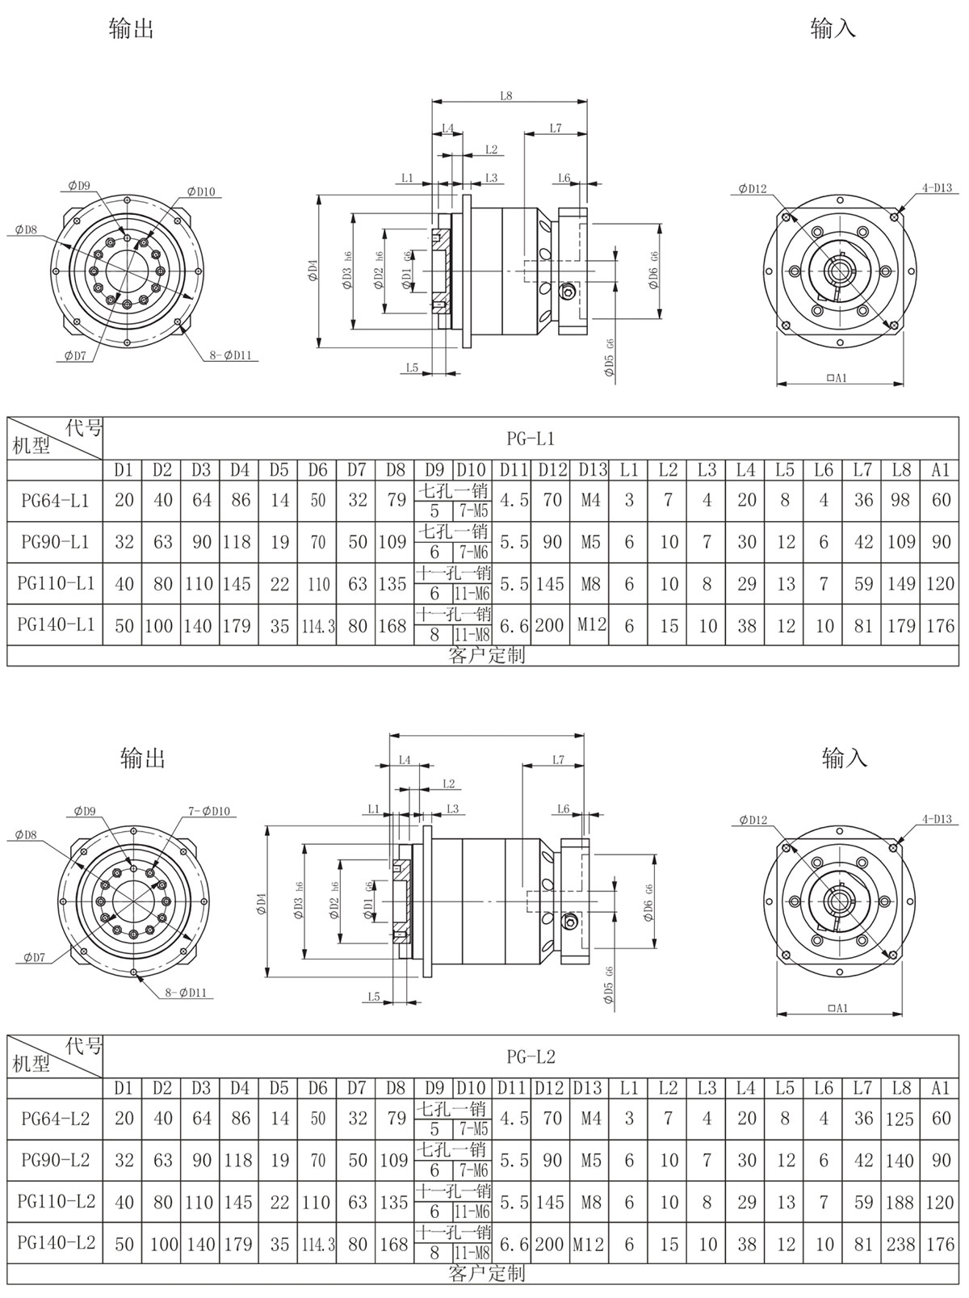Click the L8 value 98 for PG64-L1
[901, 501]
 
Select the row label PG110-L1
[55, 583]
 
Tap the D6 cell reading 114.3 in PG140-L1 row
[318, 626]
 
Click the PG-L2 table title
[531, 1056]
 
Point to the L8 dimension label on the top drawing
[506, 95]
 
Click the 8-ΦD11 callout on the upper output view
[231, 355]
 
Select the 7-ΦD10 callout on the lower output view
[209, 811]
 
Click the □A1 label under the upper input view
[837, 378]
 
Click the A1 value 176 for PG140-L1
[941, 626]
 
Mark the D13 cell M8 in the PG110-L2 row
[590, 1203]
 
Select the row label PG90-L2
[55, 1161]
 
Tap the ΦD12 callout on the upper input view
[752, 189]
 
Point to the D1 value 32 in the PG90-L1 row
[124, 542]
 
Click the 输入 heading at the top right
[833, 30]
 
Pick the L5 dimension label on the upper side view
[412, 368]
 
